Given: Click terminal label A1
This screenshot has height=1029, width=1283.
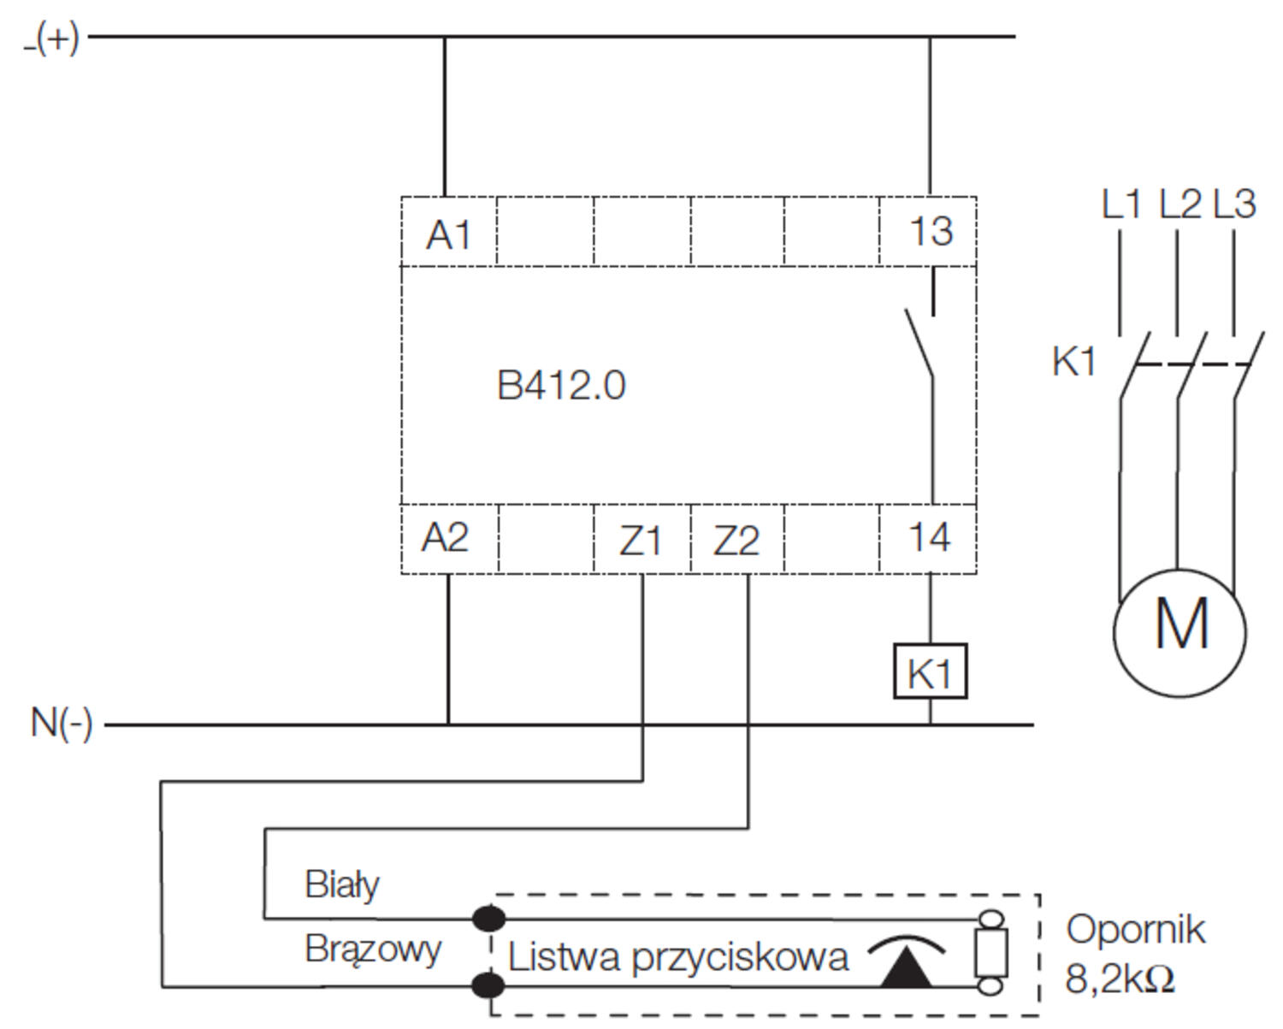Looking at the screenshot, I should (449, 234).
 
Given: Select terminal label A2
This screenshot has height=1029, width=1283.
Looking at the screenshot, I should (446, 538).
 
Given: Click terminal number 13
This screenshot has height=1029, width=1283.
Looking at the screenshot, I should (931, 231).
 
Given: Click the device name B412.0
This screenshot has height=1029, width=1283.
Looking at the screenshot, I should (561, 386).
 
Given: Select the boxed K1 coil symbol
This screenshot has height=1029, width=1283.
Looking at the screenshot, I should (930, 672).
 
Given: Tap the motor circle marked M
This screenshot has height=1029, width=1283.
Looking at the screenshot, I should (1180, 631).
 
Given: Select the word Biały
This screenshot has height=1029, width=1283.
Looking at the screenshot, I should (342, 884).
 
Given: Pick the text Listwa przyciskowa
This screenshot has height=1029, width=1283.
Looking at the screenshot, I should (677, 957).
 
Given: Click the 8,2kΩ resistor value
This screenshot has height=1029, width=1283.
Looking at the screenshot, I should (1120, 979).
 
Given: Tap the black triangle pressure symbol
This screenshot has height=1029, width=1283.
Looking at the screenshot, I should (907, 971).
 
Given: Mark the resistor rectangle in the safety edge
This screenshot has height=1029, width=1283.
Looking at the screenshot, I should (990, 953).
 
